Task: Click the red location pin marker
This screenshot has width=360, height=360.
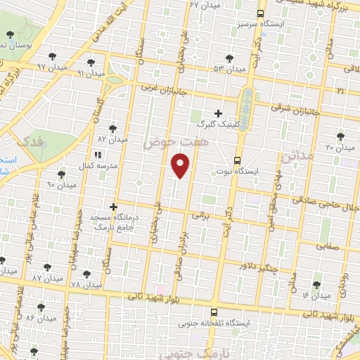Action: point(181,166)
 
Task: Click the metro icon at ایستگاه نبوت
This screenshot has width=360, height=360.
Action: point(238,160)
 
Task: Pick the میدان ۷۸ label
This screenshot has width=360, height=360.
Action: point(86,284)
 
